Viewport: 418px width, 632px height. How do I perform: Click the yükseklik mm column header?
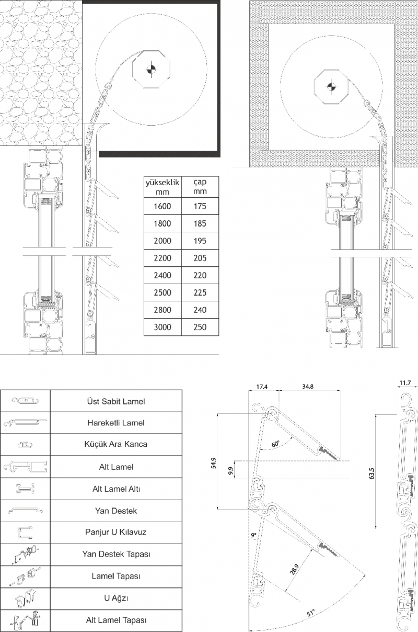coord(162,187)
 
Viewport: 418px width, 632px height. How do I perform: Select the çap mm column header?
coord(200,186)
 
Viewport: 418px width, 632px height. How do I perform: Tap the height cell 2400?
coord(162,275)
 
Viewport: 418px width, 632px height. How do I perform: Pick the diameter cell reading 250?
coord(200,327)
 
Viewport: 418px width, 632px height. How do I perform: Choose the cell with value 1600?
coord(162,206)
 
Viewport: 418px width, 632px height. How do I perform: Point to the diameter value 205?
coord(200,258)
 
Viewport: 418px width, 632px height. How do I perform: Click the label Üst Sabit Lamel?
coord(116,401)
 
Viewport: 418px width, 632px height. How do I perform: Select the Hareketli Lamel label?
coord(116,423)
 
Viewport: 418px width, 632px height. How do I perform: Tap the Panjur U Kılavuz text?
coord(116,532)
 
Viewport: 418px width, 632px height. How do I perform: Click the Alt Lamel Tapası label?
coord(116,620)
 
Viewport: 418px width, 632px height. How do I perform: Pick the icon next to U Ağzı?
coord(25,599)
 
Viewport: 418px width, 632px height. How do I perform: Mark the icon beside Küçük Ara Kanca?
coord(26,445)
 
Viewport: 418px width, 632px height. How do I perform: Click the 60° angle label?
coord(275,444)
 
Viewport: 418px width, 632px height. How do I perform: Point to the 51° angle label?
coord(310,613)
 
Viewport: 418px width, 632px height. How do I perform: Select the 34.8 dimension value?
coord(308,387)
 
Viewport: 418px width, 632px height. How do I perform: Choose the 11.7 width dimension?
coord(405,383)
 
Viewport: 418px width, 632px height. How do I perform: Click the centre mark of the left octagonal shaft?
coord(152,69)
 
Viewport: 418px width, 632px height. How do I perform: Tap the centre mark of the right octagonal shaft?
coord(331,87)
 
